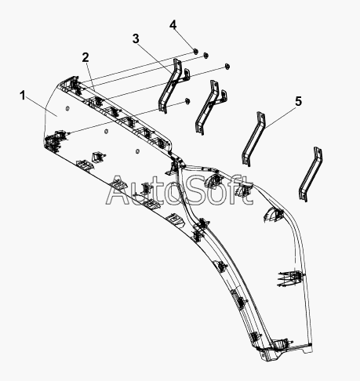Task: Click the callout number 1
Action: [23, 96]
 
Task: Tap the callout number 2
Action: [85, 57]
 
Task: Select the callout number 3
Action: [136, 38]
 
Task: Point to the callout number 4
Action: [173, 25]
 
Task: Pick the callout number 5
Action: [299, 101]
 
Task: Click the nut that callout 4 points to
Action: [195, 51]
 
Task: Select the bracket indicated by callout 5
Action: [253, 139]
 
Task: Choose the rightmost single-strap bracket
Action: [311, 174]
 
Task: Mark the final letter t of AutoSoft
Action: [245, 190]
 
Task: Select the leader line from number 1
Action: [42, 108]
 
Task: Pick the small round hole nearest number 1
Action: [67, 108]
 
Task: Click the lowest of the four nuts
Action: [187, 100]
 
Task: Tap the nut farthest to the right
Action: [227, 66]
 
